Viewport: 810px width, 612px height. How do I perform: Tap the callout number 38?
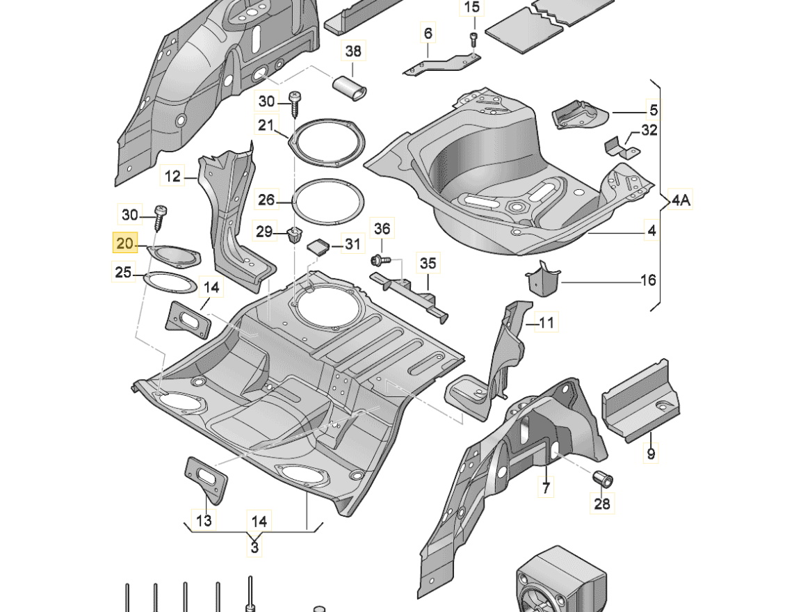click(x=353, y=51)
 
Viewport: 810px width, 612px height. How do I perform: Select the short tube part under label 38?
click(x=351, y=88)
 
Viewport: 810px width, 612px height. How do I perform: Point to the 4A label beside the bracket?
click(x=681, y=201)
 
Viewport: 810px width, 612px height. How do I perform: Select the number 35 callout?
click(x=428, y=263)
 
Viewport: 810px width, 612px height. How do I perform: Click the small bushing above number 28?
click(x=601, y=478)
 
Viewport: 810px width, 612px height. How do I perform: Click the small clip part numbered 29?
click(x=293, y=234)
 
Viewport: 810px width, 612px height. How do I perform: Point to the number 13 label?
click(x=204, y=520)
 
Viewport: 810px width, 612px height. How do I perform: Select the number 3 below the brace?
click(x=255, y=547)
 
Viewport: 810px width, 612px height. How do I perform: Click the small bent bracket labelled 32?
click(x=617, y=147)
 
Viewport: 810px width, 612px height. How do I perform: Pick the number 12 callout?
click(x=172, y=177)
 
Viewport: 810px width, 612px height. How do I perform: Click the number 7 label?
click(x=546, y=488)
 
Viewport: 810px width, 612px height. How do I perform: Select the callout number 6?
click(x=428, y=33)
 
